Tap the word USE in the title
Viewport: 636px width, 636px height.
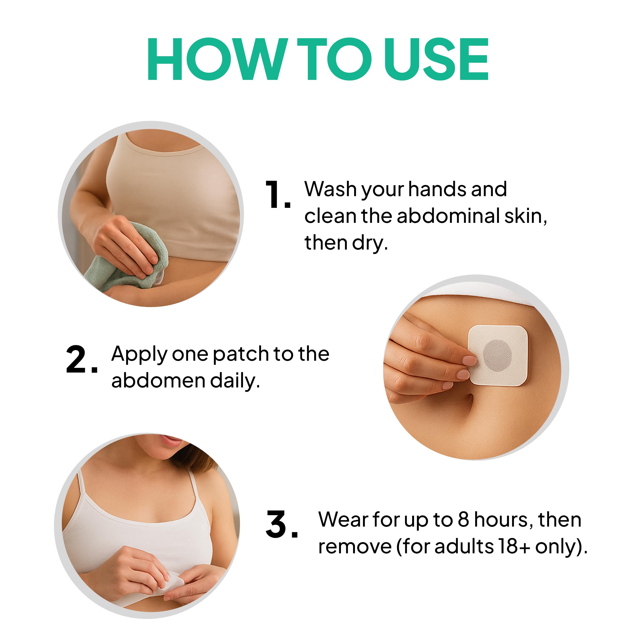pyautogui.click(x=436, y=59)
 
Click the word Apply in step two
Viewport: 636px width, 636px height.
pyautogui.click(x=139, y=355)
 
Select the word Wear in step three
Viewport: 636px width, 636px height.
pyautogui.click(x=343, y=520)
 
